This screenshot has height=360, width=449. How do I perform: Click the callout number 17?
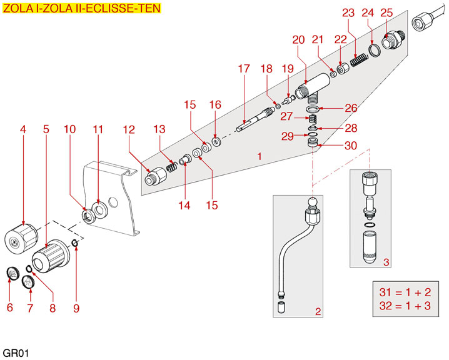243,69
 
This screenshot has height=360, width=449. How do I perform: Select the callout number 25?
386,12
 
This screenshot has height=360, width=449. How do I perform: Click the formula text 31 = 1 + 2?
405,292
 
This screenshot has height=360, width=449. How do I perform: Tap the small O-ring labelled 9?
75,243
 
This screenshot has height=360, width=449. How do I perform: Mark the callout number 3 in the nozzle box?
386,262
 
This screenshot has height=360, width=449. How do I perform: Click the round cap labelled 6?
11,273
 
